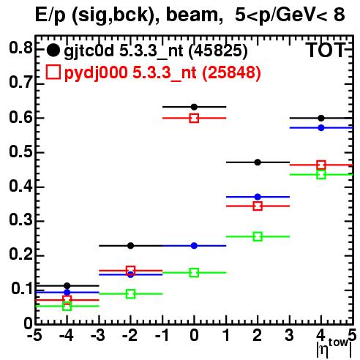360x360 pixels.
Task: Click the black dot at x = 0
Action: [194, 107]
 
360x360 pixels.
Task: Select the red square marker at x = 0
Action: [194, 119]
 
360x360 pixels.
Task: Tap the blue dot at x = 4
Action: [321, 127]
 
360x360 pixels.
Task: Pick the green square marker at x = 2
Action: [258, 236]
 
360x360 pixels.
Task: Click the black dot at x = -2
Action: [130, 246]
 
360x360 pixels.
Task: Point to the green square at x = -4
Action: [67, 306]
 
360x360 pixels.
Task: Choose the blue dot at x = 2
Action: [258, 197]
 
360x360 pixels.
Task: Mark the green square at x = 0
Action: [194, 273]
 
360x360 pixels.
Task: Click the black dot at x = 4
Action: [321, 118]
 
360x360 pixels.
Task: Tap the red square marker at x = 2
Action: [258, 206]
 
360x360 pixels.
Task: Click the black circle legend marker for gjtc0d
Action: [53, 50]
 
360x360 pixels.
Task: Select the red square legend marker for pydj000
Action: [53, 72]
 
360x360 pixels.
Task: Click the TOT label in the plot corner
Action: [326, 50]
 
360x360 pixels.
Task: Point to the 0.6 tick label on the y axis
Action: [20, 118]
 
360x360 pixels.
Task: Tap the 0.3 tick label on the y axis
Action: [20, 220]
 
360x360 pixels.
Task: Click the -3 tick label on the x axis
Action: [97, 335]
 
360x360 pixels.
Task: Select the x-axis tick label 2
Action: [258, 335]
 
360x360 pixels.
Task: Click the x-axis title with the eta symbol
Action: [334, 348]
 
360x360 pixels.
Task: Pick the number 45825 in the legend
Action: [218, 50]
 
